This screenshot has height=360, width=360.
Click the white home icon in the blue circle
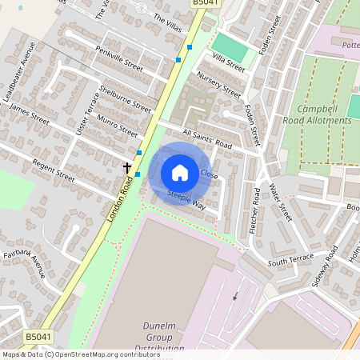click(180, 173)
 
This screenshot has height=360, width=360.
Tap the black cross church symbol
click(126, 167)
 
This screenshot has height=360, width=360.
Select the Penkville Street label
click(118, 60)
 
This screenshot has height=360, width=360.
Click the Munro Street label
click(115, 125)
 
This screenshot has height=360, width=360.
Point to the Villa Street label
click(229, 61)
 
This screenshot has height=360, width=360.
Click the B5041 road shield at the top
click(203, 4)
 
